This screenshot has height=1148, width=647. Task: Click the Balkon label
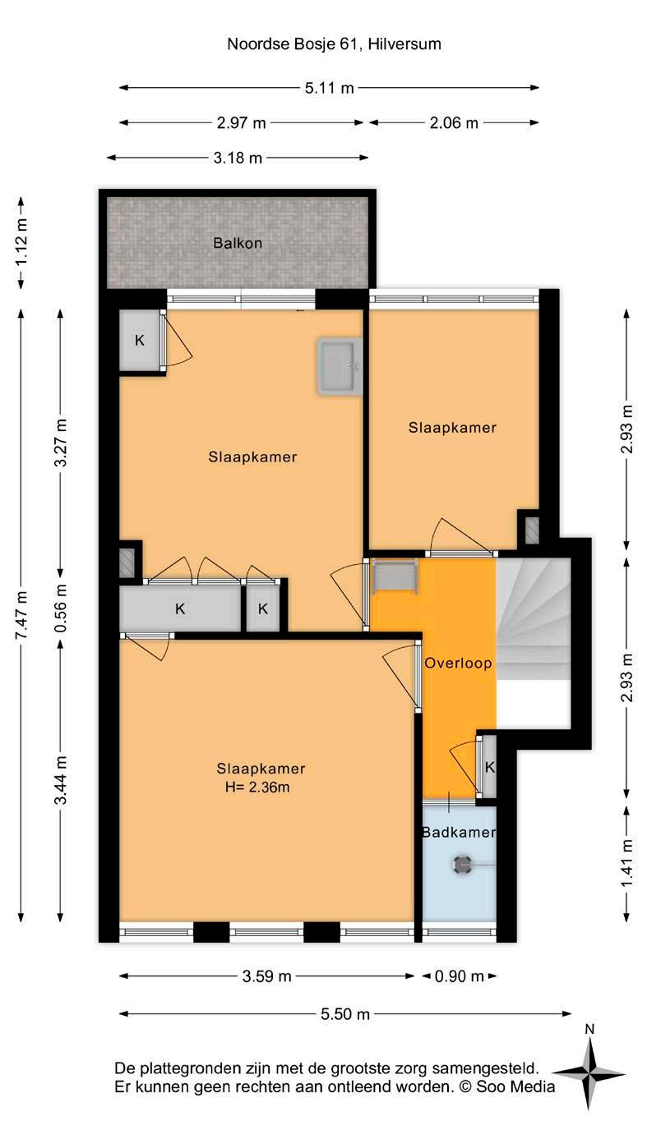tap(238, 243)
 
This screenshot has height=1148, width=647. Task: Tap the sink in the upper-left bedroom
tap(340, 366)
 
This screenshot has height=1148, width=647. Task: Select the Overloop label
tap(458, 663)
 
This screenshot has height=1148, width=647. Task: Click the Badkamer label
tap(459, 832)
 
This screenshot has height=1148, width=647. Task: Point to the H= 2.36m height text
tap(257, 787)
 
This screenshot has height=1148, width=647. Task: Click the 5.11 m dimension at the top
tap(330, 88)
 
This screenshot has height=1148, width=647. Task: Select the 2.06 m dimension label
tap(454, 123)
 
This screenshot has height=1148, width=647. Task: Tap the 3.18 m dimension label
tap(238, 158)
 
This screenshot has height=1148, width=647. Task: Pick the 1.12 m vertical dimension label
tap(21, 242)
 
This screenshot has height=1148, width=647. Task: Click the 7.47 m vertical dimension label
tap(21, 615)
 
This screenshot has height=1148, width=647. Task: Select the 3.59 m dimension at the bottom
tap(267, 976)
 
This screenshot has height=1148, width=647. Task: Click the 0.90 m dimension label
tap(460, 976)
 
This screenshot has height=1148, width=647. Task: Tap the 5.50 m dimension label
tap(345, 1013)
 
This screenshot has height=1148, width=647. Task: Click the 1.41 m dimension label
tap(626, 864)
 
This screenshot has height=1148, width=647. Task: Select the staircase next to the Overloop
tap(534, 619)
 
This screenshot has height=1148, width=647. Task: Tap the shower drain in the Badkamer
tap(462, 865)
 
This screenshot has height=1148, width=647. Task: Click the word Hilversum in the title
tap(404, 44)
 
